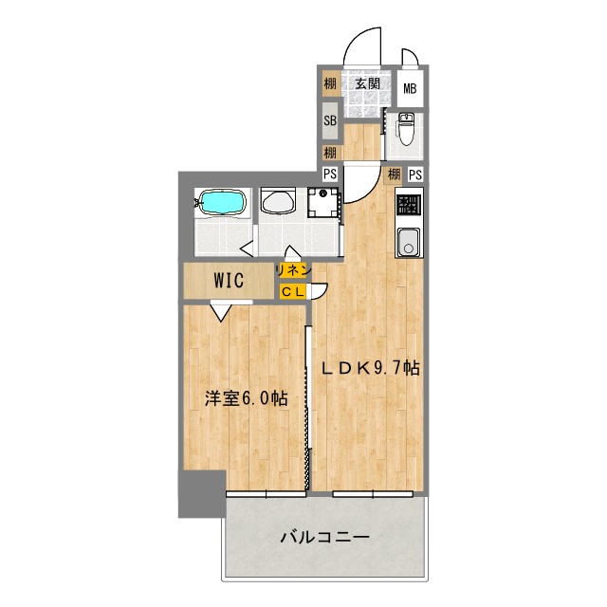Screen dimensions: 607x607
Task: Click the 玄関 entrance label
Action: pos(368,84)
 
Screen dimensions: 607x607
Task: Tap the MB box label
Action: pos(411,89)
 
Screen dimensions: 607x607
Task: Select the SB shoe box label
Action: pos(330,120)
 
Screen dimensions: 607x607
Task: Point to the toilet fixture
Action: pos(405,127)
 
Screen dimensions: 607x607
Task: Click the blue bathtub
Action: pos(223,202)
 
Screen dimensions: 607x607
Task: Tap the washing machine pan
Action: pos(323,203)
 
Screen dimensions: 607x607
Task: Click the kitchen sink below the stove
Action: pos(408,243)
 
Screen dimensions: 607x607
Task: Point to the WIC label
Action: pos(230,280)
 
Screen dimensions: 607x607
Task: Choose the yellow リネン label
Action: pos(292,270)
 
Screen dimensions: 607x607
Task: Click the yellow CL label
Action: pos(291,291)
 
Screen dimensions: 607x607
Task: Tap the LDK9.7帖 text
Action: pos(369,370)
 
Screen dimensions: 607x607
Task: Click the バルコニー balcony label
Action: pos(324,537)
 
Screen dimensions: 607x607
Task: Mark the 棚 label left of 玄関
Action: pos(329,84)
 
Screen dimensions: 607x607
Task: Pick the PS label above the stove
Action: pos(415,175)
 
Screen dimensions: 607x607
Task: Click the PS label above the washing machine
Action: pos(330,174)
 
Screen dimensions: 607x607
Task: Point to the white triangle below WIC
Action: pos(220,307)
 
